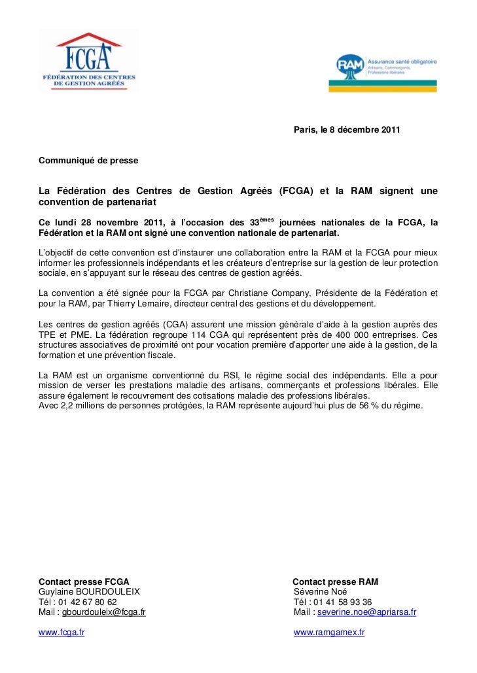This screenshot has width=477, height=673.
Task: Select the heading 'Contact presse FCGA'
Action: pyautogui.click(x=84, y=582)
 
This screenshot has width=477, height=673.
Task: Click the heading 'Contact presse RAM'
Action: pyautogui.click(x=335, y=582)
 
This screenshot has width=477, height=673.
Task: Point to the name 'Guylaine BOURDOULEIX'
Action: pyautogui.click(x=90, y=592)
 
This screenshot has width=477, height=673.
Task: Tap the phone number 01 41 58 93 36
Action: pyautogui.click(x=342, y=602)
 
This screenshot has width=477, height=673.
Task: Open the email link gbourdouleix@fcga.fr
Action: pyautogui.click(x=103, y=613)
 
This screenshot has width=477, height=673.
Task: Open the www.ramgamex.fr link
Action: pyautogui.click(x=329, y=632)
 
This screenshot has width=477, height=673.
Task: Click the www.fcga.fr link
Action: pyautogui.click(x=62, y=632)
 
